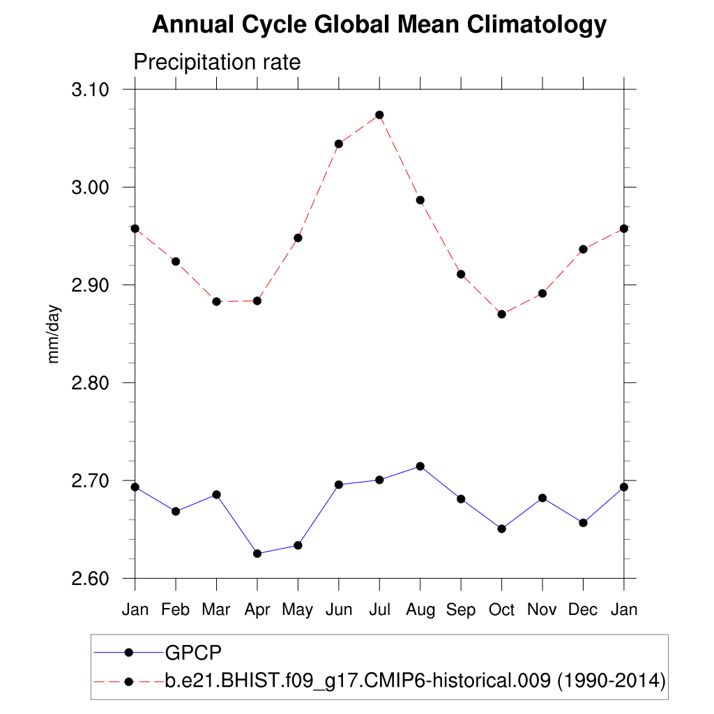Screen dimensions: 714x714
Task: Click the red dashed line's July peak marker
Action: [x=379, y=115]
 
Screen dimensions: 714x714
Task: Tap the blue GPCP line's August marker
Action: [x=420, y=466]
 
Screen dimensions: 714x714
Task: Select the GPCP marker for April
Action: [x=257, y=554]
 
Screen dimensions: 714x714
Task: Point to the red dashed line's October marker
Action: [x=501, y=314]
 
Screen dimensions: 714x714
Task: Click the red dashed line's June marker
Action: [x=339, y=144]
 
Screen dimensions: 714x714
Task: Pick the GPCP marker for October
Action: [x=501, y=529]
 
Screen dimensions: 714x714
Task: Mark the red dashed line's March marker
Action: [x=216, y=302]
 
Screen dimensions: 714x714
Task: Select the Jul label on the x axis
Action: [x=379, y=610]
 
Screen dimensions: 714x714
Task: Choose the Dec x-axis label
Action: [x=583, y=610]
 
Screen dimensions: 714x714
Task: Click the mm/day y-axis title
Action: [x=54, y=334]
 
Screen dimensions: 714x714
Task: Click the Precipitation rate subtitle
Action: [x=217, y=63]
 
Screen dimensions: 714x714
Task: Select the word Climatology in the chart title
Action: [x=536, y=25]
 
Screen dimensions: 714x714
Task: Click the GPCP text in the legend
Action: [x=193, y=653]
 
